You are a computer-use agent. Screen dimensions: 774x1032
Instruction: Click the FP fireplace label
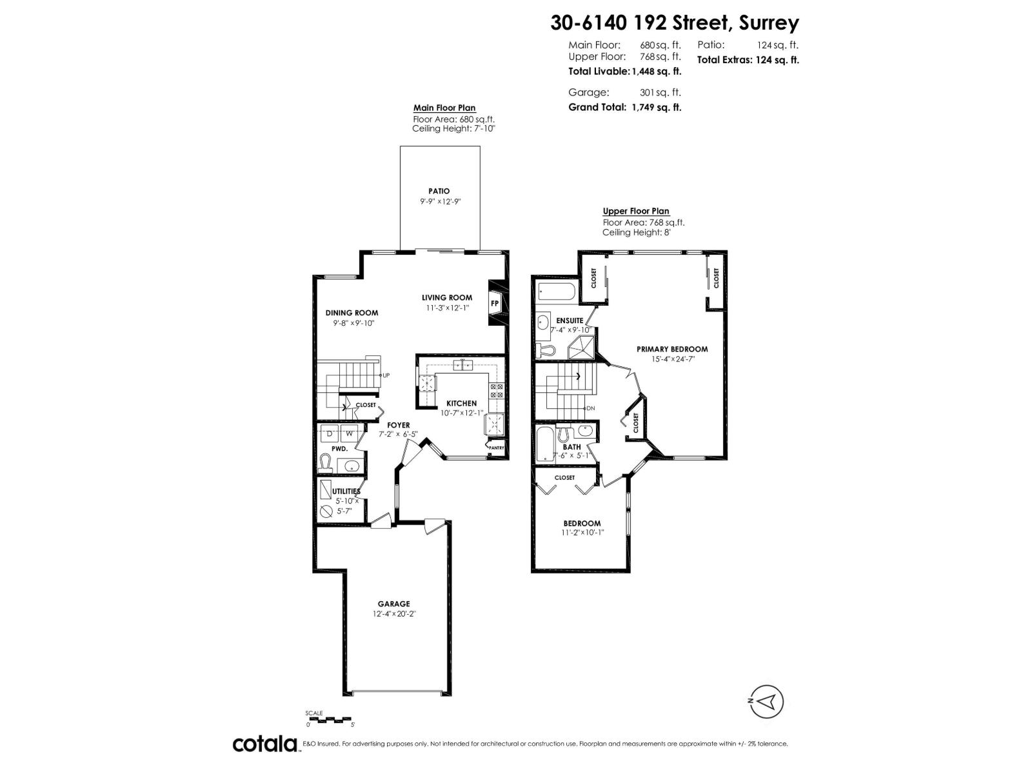(x=495, y=303)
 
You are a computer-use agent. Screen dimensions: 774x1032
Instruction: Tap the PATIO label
(x=439, y=191)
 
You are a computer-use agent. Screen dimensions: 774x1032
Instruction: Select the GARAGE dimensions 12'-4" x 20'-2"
(x=393, y=614)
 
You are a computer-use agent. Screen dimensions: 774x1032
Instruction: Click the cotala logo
(x=264, y=744)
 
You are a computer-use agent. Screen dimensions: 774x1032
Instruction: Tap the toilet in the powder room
(x=326, y=462)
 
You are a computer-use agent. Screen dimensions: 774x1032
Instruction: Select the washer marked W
(x=349, y=433)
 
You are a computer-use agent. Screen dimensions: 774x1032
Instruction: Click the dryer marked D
(x=329, y=433)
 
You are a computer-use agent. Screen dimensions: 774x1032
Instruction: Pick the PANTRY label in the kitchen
(x=495, y=448)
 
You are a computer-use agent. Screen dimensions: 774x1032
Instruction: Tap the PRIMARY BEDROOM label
(x=672, y=349)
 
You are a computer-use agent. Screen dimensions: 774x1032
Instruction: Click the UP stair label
(x=386, y=375)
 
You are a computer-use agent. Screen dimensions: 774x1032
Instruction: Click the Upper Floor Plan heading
(x=635, y=211)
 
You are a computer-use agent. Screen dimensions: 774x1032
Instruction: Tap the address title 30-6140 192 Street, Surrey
(x=674, y=23)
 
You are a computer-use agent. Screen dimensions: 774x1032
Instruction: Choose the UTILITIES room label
(x=346, y=491)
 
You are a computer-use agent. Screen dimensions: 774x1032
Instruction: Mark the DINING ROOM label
(x=352, y=313)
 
